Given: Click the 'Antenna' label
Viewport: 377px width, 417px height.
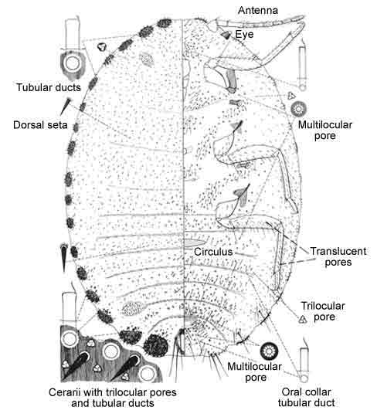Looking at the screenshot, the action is [x=258, y=10].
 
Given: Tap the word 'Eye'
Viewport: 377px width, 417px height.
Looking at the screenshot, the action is [x=244, y=34].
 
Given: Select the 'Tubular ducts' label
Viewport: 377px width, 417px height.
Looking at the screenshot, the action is [x=49, y=87].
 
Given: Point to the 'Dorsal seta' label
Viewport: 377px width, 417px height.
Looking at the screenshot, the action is [x=40, y=125].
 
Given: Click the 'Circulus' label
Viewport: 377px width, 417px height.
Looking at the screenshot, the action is [x=213, y=252].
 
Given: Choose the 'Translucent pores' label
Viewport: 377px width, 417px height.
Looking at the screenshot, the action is [x=338, y=256].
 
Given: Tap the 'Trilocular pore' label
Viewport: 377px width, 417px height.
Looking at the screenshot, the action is [x=323, y=311].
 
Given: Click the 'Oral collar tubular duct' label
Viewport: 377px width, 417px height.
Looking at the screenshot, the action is [x=307, y=398].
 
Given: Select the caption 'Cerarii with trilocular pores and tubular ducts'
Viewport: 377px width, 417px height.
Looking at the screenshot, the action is [x=113, y=398].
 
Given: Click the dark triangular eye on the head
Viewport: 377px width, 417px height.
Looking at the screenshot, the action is [x=226, y=35].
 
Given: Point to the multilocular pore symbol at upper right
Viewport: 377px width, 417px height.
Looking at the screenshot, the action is [x=298, y=109].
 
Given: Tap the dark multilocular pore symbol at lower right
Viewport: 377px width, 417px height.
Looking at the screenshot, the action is [x=270, y=351].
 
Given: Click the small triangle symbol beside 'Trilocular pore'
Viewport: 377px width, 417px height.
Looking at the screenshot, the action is [x=302, y=319].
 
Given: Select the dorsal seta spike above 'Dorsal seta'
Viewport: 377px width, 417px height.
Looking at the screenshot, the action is [x=66, y=106].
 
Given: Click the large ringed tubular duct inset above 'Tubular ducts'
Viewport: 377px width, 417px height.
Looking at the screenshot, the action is [x=72, y=64].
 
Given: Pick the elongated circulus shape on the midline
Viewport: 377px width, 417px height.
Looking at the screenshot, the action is [x=195, y=242].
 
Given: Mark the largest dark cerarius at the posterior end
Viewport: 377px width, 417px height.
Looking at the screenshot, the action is [x=155, y=345].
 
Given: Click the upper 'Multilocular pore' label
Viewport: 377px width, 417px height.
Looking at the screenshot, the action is [x=324, y=131].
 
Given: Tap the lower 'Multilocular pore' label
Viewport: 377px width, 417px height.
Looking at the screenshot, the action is [x=255, y=371].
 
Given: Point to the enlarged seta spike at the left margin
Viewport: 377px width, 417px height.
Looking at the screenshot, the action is [x=63, y=257].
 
